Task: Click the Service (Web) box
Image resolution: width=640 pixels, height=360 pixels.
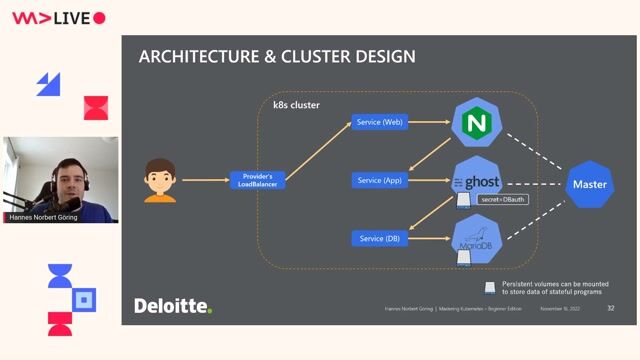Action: click(379, 122)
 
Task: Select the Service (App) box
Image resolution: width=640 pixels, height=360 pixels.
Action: click(379, 180)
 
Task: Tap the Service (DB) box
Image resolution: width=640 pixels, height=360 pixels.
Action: click(379, 238)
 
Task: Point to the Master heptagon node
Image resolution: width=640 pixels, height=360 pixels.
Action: click(588, 184)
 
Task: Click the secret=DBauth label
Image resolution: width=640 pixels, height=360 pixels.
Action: click(503, 200)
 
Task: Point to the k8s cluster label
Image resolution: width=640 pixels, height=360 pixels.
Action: click(296, 105)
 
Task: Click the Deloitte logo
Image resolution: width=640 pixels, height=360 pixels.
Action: click(173, 305)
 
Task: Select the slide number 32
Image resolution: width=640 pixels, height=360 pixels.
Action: click(610, 308)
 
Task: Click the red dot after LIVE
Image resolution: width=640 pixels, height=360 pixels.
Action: click(99, 18)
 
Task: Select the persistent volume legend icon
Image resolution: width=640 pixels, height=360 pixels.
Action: click(489, 287)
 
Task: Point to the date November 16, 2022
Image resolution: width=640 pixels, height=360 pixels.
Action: click(561, 309)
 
